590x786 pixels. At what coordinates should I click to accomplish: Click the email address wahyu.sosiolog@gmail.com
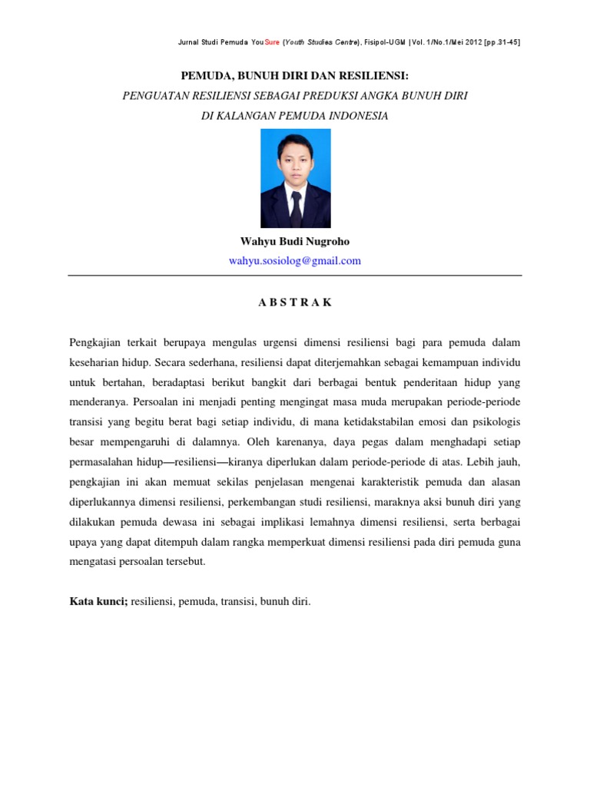(x=295, y=260)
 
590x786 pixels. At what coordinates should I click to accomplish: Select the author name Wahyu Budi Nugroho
(x=295, y=241)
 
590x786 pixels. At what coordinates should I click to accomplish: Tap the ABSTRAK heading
(x=295, y=302)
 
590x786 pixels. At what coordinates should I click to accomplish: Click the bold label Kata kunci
(x=98, y=602)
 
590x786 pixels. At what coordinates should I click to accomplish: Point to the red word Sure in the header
(x=272, y=42)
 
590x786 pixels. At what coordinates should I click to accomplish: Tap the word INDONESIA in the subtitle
(x=350, y=116)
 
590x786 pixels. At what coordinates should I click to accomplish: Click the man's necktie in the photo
(x=296, y=206)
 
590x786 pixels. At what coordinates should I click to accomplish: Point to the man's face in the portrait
(x=295, y=158)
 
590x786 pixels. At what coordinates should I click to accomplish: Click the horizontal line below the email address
(x=295, y=276)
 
